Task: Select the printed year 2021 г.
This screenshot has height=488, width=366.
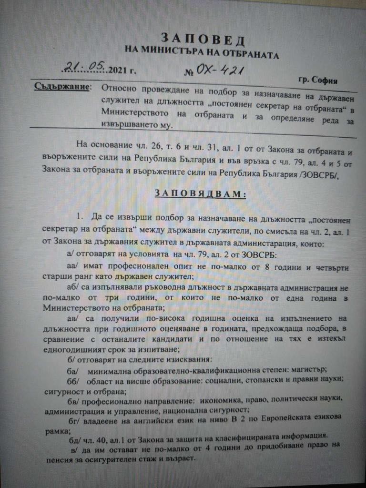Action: click(122, 71)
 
